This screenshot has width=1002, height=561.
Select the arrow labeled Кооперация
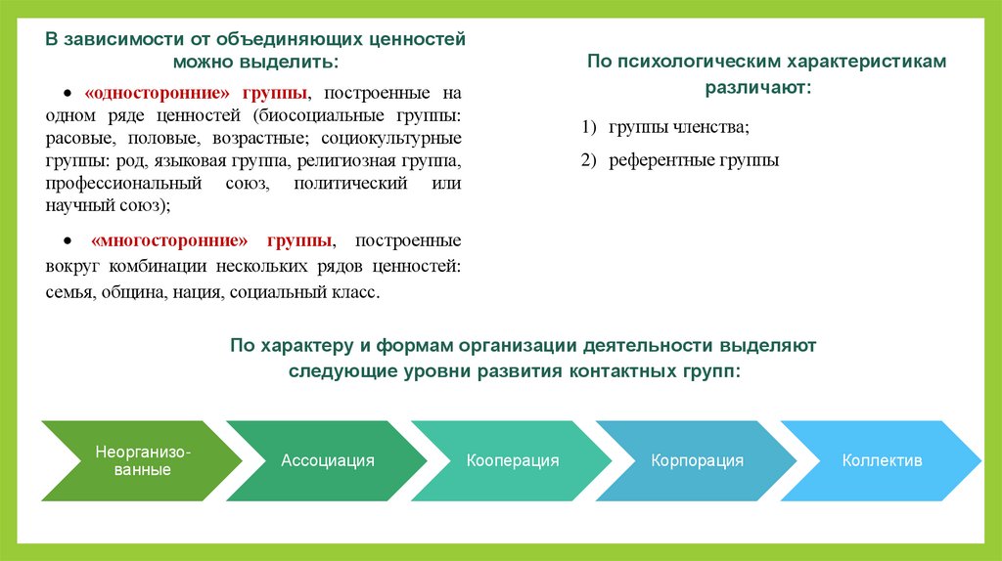click(x=513, y=460)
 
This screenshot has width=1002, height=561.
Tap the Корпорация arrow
click(x=697, y=460)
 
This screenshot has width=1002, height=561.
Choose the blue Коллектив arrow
click(x=882, y=460)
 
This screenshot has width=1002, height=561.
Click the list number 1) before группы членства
click(x=587, y=127)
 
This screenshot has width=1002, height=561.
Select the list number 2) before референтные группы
click(x=587, y=160)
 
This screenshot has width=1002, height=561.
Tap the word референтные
click(x=658, y=160)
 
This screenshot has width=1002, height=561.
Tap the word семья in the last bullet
click(x=68, y=292)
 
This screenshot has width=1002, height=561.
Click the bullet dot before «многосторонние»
click(x=68, y=241)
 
